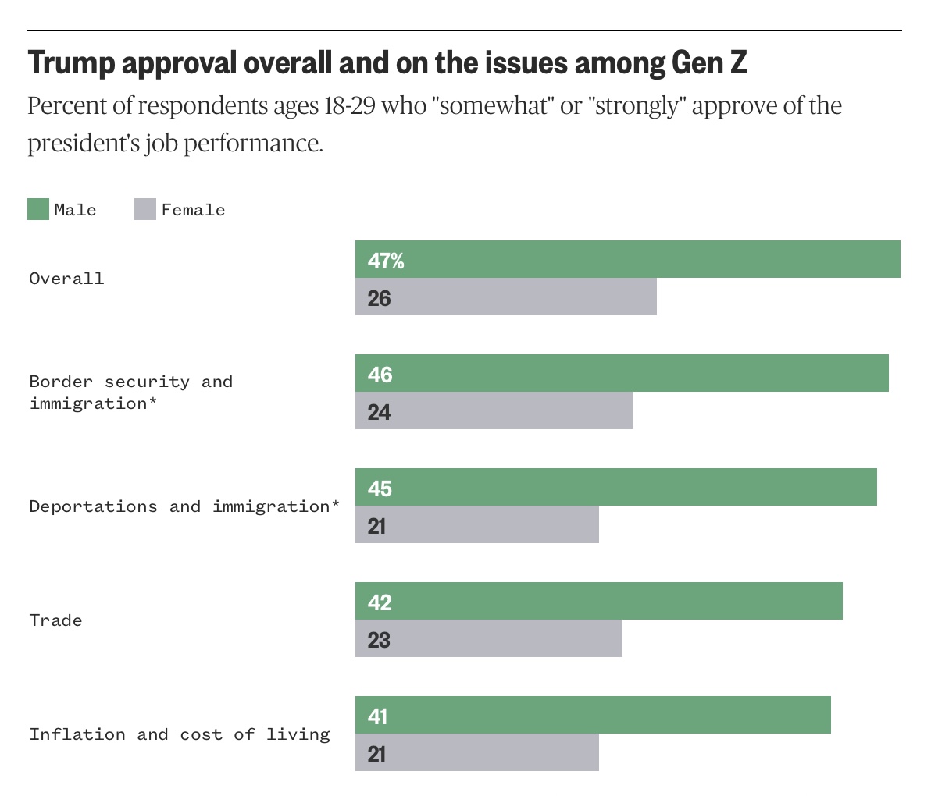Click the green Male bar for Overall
627,259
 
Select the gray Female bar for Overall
505,297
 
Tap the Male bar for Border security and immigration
622,373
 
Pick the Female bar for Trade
488,638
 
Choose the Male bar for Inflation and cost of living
593,715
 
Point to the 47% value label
386,261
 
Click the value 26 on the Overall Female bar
379,298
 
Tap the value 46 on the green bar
380,375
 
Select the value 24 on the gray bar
379,411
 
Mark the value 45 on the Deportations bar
380,489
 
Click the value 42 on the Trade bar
380,602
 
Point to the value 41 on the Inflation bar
377,716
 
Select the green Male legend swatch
38,209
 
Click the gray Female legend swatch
145,209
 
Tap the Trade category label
55,620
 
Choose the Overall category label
66,279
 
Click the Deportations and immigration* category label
184,506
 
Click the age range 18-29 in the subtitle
348,105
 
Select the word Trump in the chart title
71,63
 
